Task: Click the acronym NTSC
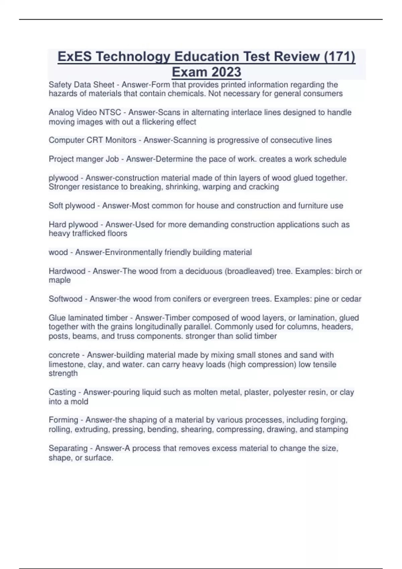click(110, 112)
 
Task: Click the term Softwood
click(65, 299)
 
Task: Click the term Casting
click(62, 392)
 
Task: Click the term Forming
click(63, 420)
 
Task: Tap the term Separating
click(68, 448)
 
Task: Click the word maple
click(60, 280)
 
